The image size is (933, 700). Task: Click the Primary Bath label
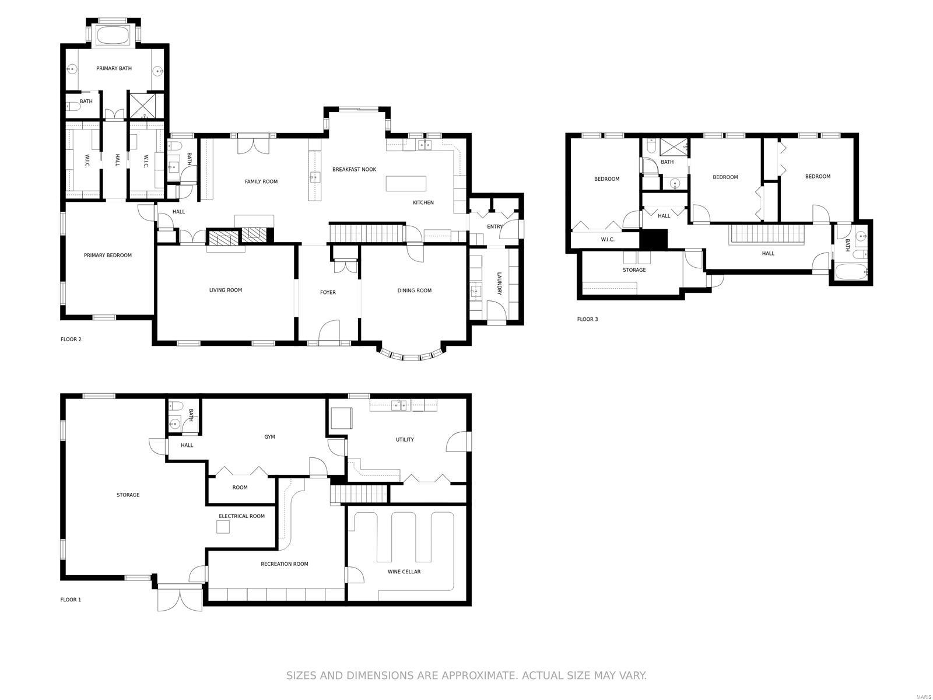(x=114, y=68)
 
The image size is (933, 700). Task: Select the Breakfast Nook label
(x=354, y=170)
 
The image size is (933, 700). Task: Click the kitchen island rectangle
(x=406, y=184)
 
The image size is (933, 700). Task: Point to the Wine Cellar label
(x=404, y=572)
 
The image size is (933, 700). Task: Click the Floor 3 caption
(x=587, y=319)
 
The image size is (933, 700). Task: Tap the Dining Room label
(x=414, y=290)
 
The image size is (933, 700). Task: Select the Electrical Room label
(x=241, y=516)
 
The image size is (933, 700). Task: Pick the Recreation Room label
(x=284, y=564)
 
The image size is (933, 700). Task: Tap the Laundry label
(x=499, y=283)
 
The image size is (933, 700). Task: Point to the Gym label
(x=269, y=437)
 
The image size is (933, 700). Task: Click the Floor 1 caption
(x=71, y=600)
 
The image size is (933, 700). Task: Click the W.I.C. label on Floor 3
(x=607, y=239)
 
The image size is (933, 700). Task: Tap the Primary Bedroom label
(x=108, y=255)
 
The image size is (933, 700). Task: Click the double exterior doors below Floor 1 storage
(x=180, y=598)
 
